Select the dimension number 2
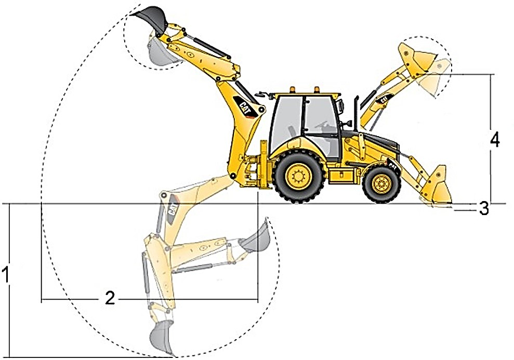tap(110, 298)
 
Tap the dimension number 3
tap(484, 208)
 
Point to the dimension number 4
tap(495, 140)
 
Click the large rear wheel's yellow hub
tap(298, 176)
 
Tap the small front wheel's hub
tap(381, 184)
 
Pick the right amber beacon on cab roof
tap(317, 89)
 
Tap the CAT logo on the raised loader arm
tap(383, 99)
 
